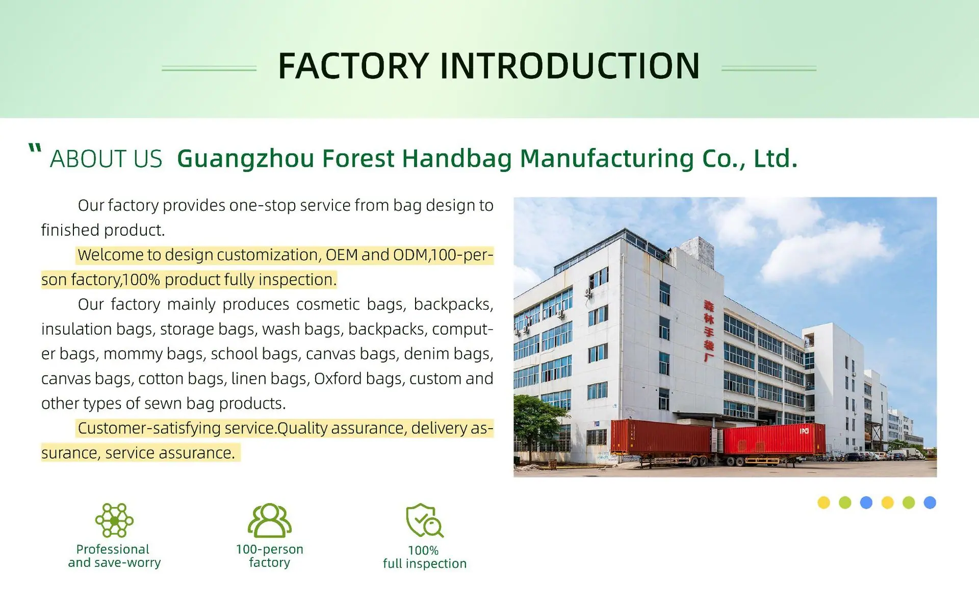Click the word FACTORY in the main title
[x=353, y=66]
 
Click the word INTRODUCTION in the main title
[x=570, y=66]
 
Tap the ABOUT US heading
[x=106, y=159]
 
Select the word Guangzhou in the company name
[x=245, y=159]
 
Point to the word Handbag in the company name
[x=457, y=159]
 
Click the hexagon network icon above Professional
[x=114, y=520]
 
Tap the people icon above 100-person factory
[x=269, y=520]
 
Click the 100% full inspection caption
[x=425, y=557]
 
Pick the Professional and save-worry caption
[x=114, y=556]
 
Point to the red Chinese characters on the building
[x=709, y=331]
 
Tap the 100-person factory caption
[x=269, y=556]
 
